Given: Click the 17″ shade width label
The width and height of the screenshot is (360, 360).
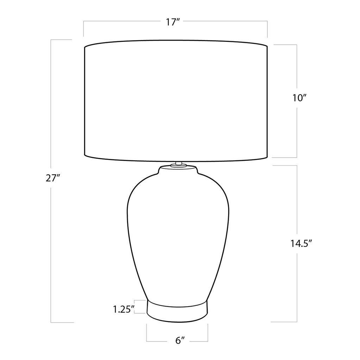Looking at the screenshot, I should [173, 22].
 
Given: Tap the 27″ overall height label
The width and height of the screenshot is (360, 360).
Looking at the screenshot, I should [53, 178].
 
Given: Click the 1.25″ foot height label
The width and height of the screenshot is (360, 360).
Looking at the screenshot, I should [124, 309].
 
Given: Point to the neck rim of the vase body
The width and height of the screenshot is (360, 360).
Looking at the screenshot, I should [178, 169].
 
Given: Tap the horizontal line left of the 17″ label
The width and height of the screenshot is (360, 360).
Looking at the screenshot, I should [123, 22].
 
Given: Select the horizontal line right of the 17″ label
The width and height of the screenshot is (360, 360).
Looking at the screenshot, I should [225, 22].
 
